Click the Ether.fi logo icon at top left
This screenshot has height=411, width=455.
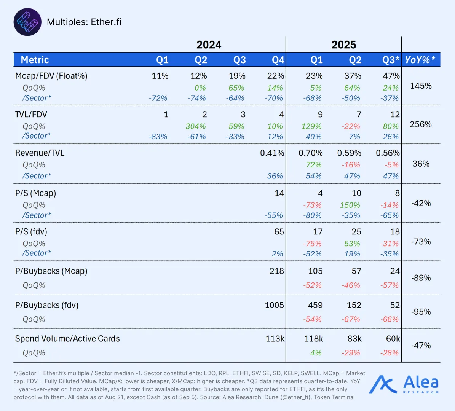click(27, 22)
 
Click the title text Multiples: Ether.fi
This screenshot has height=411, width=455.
click(84, 22)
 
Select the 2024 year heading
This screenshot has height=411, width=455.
click(209, 45)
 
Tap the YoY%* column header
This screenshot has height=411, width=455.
click(420, 60)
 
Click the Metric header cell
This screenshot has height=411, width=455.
click(35, 60)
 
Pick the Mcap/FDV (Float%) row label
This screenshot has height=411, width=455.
click(51, 76)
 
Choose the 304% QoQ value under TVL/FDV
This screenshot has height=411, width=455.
click(196, 126)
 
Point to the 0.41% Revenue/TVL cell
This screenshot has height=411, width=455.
click(272, 153)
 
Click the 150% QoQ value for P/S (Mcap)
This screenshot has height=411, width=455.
click(350, 205)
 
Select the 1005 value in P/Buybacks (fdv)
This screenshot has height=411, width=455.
click(275, 305)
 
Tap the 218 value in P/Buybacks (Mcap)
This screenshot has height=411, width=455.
click(276, 271)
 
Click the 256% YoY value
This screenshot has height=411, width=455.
click(421, 124)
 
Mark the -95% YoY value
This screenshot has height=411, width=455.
click(421, 312)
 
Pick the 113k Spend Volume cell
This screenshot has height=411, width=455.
click(275, 339)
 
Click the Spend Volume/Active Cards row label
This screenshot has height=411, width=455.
click(67, 339)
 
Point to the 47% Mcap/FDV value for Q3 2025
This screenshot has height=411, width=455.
click(391, 76)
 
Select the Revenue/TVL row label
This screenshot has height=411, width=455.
click(40, 153)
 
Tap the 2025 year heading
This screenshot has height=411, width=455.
click(344, 45)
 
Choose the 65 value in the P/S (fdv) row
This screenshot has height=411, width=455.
click(279, 231)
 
